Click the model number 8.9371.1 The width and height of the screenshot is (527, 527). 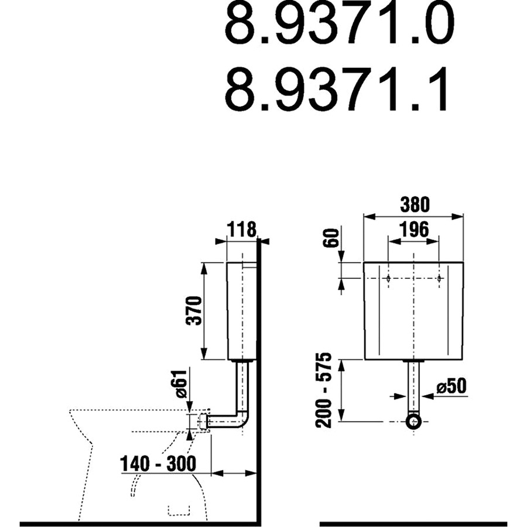coord(336,89)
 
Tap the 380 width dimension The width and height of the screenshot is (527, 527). coord(415,205)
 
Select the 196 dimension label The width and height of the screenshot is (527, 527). coord(414,230)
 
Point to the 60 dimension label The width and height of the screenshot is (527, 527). coord(331,238)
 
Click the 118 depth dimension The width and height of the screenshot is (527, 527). coord(242,230)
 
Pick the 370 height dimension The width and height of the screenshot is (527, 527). coord(194,310)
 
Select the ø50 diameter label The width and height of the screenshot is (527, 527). coord(451,387)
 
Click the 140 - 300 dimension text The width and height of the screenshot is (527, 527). coord(158,464)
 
